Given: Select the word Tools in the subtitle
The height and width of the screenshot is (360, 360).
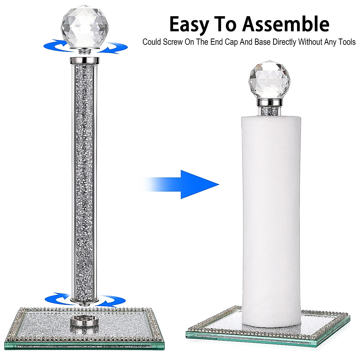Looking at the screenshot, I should click(346, 42).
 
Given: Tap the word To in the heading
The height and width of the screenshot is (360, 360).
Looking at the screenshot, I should click(228, 24).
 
